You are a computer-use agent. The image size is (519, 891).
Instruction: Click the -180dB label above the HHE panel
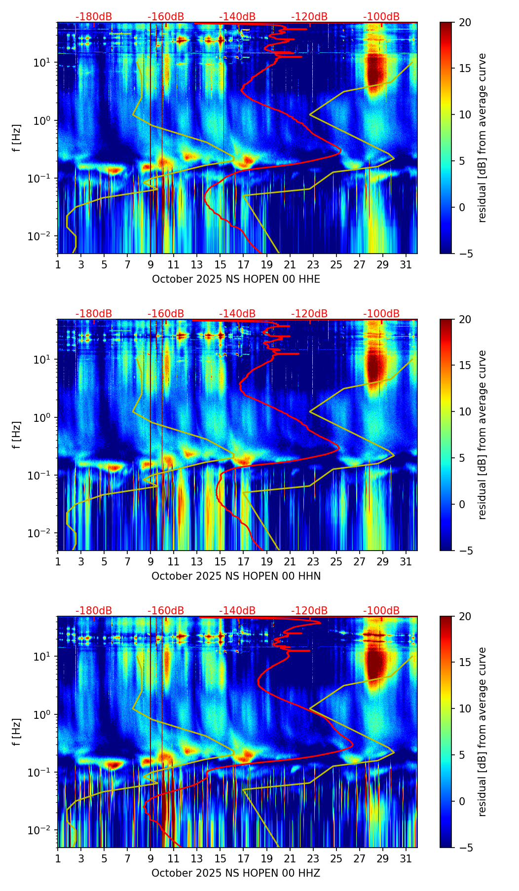tap(94, 17)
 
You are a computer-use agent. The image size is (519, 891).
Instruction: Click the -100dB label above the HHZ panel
tap(381, 611)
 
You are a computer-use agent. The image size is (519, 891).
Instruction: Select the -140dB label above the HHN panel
tap(237, 314)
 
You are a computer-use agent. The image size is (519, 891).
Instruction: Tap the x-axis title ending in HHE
tap(236, 279)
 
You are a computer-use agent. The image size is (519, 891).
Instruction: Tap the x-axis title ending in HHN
tap(236, 576)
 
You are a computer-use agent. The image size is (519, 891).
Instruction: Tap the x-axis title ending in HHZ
tap(236, 873)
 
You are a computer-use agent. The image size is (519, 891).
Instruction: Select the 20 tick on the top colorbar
tap(465, 23)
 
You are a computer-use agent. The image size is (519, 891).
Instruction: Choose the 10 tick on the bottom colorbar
tap(465, 708)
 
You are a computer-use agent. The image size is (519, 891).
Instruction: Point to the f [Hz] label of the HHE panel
tap(17, 138)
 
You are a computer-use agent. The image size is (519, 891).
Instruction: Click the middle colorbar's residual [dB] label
tap(482, 435)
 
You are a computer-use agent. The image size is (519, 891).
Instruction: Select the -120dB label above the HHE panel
tap(309, 17)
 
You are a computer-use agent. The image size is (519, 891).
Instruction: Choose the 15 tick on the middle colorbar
tap(465, 366)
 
